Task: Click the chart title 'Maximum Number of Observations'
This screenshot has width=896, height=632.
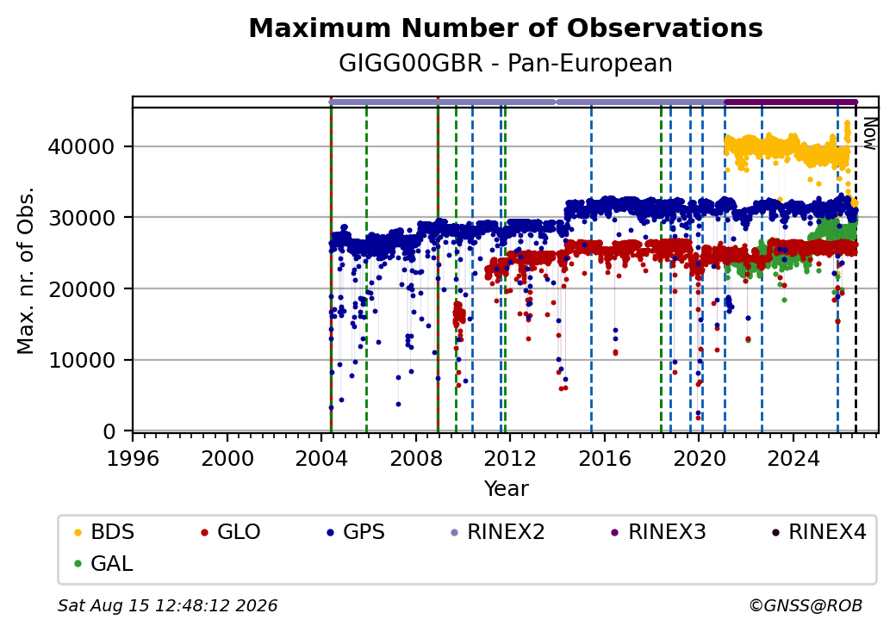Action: [x=506, y=28]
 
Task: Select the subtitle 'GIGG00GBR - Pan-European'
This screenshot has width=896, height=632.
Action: [x=506, y=63]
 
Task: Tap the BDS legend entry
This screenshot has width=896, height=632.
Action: [x=104, y=532]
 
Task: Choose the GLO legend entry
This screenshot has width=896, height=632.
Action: [x=231, y=532]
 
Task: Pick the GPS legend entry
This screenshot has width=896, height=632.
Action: [x=356, y=532]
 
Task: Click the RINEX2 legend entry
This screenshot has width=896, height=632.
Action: [x=498, y=532]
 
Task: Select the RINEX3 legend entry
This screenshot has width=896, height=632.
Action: [x=659, y=532]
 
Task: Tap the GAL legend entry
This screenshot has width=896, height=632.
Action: [x=104, y=563]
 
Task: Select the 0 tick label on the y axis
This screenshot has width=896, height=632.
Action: [x=109, y=431]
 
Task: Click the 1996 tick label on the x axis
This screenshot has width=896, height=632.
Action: [x=133, y=458]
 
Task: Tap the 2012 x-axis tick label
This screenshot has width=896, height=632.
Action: [x=510, y=458]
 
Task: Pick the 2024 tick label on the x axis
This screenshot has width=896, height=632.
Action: [x=793, y=458]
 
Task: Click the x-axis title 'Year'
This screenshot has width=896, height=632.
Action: [x=507, y=489]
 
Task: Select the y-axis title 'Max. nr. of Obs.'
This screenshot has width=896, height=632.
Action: [x=26, y=270]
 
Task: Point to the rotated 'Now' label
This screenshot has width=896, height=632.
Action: [x=869, y=133]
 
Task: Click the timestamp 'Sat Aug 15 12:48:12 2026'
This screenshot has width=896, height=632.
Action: [x=167, y=605]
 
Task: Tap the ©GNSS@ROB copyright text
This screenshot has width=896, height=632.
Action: [x=806, y=605]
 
